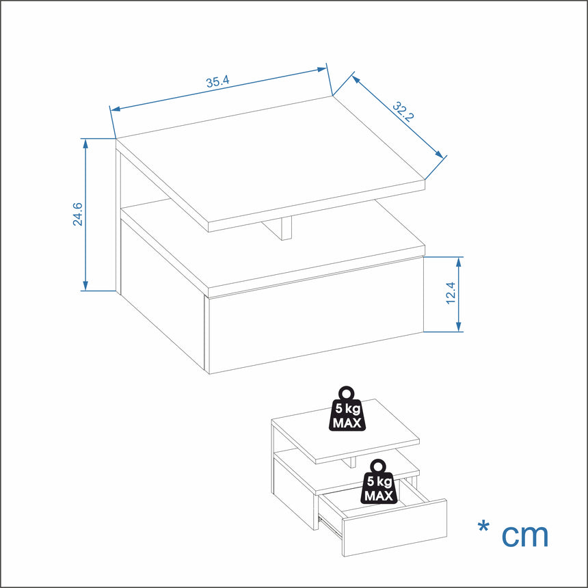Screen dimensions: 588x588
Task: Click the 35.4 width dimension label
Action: point(217,82)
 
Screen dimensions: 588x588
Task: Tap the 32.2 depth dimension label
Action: point(403,111)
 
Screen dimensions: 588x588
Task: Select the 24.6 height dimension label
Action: point(78,214)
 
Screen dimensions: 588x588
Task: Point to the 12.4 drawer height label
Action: point(451,293)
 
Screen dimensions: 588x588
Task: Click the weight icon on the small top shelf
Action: point(347,409)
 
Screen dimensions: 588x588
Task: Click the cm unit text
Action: point(524,535)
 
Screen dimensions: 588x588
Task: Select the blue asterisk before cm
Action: point(483,526)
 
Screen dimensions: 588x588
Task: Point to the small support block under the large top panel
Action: point(281,228)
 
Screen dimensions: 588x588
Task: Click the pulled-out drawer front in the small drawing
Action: point(395,528)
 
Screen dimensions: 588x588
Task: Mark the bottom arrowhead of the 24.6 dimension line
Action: point(85,286)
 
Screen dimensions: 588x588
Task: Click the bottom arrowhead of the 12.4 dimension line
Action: point(458,327)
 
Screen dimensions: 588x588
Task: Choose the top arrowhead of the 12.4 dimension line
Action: point(458,262)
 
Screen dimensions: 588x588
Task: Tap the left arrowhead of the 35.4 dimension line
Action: point(116,109)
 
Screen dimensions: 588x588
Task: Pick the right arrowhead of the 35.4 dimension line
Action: point(322,69)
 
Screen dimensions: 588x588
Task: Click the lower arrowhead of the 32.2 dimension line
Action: point(439,155)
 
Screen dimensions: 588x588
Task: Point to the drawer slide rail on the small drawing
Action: point(330,527)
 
